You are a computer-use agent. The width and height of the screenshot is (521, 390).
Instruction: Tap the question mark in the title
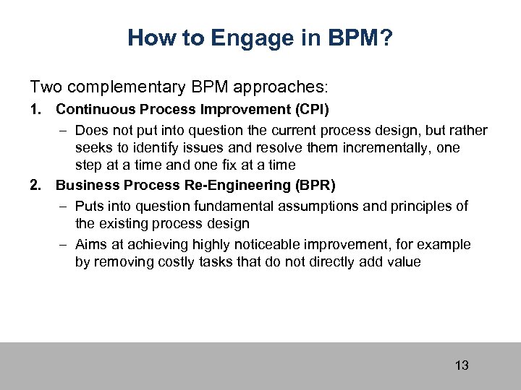(386, 38)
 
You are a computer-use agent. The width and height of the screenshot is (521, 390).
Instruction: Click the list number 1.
(35, 110)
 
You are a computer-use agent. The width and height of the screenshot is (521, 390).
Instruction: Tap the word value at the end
(404, 261)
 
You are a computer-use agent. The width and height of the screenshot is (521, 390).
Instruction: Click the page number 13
(462, 365)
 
